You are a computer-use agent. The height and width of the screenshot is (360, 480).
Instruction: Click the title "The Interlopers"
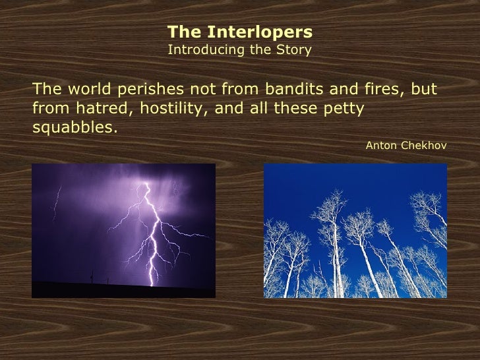tap(240, 32)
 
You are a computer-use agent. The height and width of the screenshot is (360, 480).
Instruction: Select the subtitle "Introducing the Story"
tap(240, 49)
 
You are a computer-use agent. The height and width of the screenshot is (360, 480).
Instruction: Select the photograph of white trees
tap(355, 230)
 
